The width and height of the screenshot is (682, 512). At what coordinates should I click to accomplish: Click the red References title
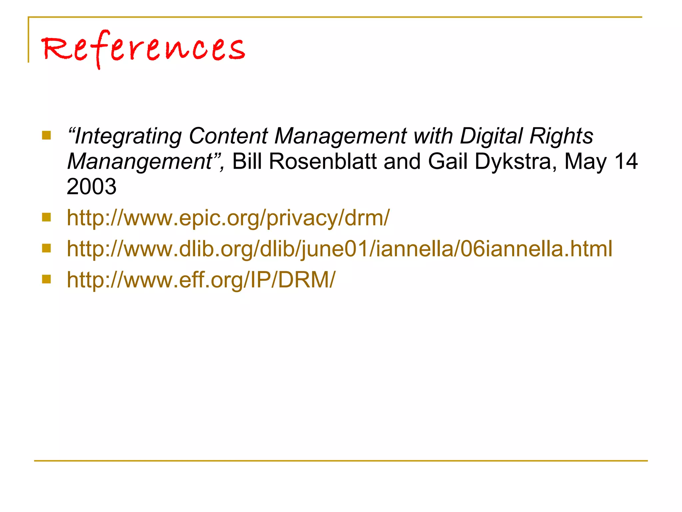click(x=143, y=48)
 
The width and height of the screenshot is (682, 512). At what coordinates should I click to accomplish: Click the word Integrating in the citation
click(x=128, y=137)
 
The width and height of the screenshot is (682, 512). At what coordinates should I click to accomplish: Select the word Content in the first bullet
click(x=228, y=136)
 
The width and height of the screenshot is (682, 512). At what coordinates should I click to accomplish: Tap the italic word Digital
click(x=491, y=136)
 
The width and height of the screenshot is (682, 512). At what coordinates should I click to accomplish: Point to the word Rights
click(x=561, y=136)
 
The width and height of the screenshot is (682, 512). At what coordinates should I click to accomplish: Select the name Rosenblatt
click(x=322, y=161)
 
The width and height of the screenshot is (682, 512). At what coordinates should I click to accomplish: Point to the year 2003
click(x=92, y=186)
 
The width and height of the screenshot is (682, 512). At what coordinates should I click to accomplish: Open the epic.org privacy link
click(x=228, y=218)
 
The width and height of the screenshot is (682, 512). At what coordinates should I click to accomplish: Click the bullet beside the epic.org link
click(x=46, y=217)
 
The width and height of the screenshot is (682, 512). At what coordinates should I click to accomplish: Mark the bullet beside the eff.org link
click(x=46, y=279)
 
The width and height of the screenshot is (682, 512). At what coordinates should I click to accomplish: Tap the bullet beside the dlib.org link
click(x=46, y=248)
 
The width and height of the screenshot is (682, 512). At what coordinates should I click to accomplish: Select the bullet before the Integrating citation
click(x=46, y=135)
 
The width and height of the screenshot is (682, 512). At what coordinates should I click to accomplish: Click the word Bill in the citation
click(x=247, y=161)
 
